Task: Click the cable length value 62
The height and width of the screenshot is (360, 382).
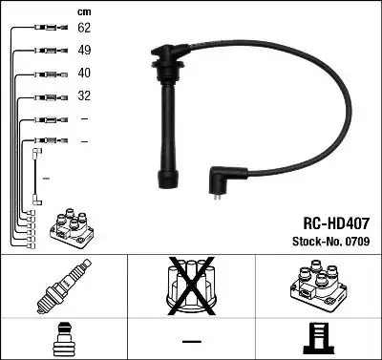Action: tap(84, 30)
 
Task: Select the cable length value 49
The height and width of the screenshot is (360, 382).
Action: tap(84, 50)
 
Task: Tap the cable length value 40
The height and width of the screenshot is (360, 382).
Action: tap(84, 73)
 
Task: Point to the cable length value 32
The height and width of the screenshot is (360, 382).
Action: tap(84, 95)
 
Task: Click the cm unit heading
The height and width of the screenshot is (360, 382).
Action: tap(82, 11)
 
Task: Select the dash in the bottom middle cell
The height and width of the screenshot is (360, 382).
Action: tap(191, 341)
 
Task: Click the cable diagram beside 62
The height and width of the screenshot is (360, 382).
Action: tap(43, 30)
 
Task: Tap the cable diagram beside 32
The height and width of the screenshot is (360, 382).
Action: tap(43, 96)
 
